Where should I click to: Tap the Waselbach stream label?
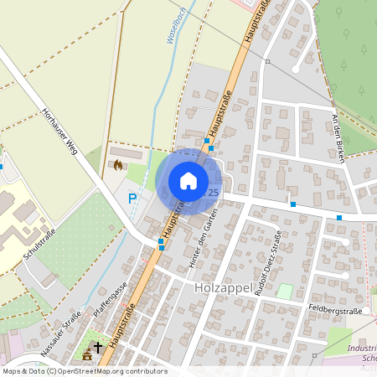(178, 46)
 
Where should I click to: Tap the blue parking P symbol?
(132, 199)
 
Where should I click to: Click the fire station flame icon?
(117, 165)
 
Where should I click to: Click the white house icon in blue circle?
(188, 181)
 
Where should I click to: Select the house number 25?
(213, 193)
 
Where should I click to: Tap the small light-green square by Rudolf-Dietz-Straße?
(285, 292)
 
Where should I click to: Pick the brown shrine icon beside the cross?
(86, 355)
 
